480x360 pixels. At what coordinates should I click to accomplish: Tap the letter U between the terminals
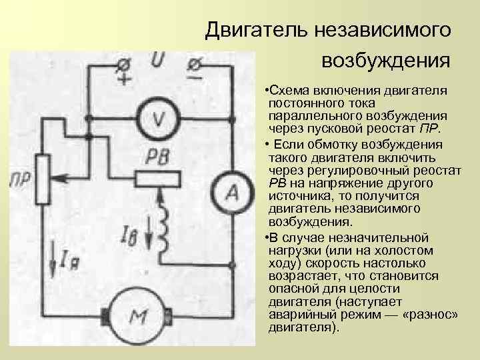[158, 61]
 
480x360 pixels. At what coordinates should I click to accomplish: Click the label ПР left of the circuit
[18, 179]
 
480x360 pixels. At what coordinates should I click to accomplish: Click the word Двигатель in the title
[253, 29]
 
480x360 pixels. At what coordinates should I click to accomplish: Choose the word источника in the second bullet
[296, 197]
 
